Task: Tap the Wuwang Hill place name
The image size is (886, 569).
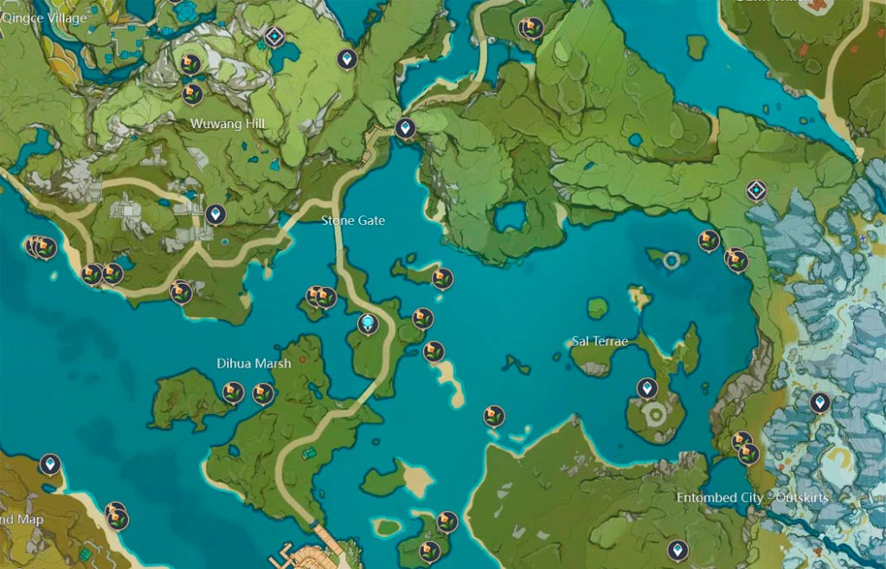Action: tap(228, 124)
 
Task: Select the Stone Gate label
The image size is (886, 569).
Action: tap(353, 221)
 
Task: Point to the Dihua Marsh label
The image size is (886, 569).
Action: tap(254, 364)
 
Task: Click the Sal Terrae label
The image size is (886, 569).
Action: tap(600, 341)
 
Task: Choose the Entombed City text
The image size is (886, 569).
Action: tap(720, 498)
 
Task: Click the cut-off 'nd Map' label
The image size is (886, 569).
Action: tap(21, 520)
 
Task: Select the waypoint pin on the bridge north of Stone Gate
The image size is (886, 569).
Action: tap(405, 130)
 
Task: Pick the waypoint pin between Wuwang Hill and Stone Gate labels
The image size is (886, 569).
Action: tap(215, 213)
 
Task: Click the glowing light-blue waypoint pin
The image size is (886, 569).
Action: tap(369, 324)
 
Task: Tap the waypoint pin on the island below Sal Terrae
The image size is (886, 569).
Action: tap(646, 388)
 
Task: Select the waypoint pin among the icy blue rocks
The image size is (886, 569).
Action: tap(819, 403)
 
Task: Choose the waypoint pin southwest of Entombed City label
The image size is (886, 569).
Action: tap(677, 549)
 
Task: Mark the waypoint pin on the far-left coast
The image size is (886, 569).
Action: tap(50, 465)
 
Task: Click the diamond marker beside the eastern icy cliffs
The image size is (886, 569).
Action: tap(757, 191)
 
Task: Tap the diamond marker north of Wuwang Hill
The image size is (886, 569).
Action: tap(275, 36)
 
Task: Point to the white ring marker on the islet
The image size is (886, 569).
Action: tap(671, 259)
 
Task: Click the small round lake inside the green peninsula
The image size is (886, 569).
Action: tap(510, 217)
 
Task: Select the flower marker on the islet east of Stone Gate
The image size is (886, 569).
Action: tap(443, 278)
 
